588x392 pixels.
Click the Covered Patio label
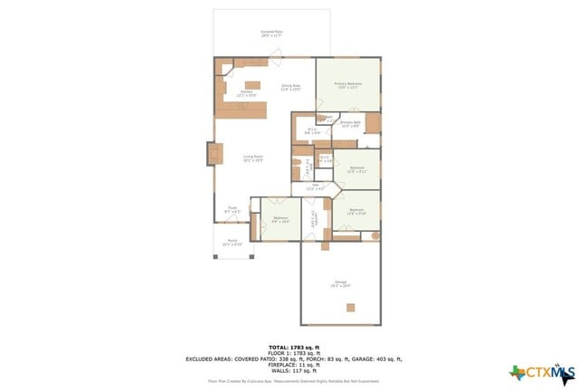click(x=270, y=33)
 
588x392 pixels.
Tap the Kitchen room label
click(x=247, y=92)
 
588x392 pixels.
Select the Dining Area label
click(x=289, y=87)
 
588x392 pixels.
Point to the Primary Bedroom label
click(x=347, y=85)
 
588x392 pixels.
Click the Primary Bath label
click(x=351, y=124)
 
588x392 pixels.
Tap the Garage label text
click(x=341, y=285)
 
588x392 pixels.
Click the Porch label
click(x=232, y=244)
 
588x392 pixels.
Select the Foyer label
click(x=232, y=209)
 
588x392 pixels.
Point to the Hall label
click(x=315, y=186)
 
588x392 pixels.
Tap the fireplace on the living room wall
click(x=213, y=154)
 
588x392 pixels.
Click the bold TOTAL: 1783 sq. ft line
click(x=293, y=347)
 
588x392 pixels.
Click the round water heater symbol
click(x=375, y=235)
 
